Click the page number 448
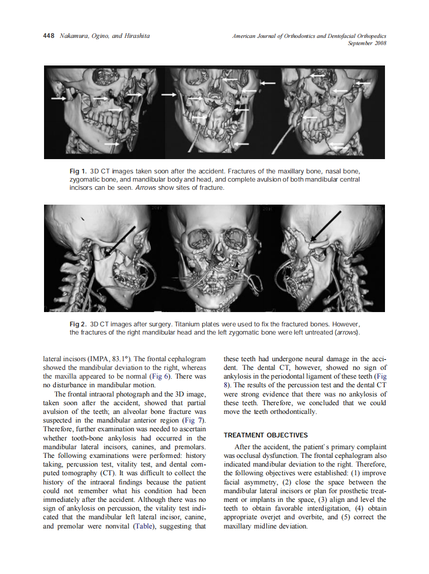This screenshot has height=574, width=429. (x=49, y=36)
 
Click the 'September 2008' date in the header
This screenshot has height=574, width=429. (x=367, y=43)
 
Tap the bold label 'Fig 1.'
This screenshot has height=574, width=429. (x=78, y=170)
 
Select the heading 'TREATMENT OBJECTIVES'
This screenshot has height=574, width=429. (x=266, y=435)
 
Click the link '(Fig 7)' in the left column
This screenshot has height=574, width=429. (x=192, y=421)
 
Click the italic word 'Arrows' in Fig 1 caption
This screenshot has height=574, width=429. (x=129, y=188)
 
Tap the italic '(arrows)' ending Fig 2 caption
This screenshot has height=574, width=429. (x=347, y=333)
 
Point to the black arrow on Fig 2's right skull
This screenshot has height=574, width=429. (x=327, y=225)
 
